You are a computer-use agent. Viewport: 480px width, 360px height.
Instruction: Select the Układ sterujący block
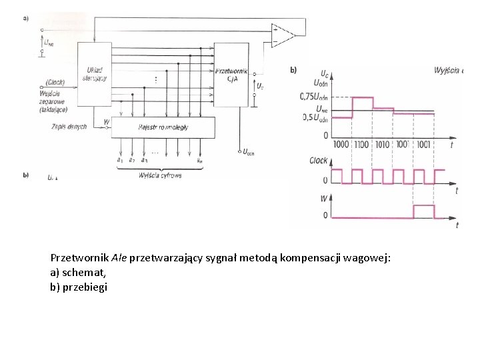click(94, 73)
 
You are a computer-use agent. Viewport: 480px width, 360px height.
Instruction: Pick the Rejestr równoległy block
click(163, 127)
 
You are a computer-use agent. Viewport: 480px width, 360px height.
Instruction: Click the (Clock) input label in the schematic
click(55, 82)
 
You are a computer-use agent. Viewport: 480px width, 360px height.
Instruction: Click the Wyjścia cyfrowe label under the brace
click(160, 175)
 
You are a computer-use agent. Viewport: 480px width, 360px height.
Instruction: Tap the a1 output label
click(119, 160)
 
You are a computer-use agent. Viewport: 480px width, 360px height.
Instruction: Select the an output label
click(199, 160)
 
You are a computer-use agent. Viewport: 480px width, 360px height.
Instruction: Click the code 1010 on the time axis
click(383, 145)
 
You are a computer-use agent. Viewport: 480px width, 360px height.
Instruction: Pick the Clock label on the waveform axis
click(319, 161)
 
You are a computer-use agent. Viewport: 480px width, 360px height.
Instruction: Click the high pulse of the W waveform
click(423, 211)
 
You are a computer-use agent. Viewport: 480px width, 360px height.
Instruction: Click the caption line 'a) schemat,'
click(78, 272)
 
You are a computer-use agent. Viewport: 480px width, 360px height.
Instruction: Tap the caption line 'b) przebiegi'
click(79, 287)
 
